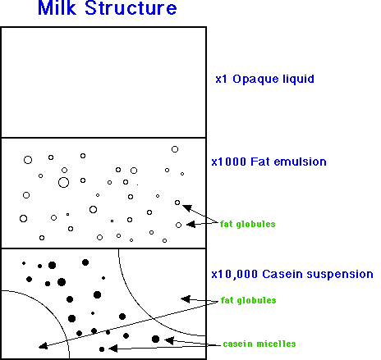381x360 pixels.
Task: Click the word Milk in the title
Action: coord(57,7)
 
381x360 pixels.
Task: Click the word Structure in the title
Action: coord(131,7)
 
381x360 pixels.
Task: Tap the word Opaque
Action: coord(255,80)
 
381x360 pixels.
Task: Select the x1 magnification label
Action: coord(221,79)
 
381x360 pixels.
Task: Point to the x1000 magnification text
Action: coord(229,162)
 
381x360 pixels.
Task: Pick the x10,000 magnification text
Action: coord(234,274)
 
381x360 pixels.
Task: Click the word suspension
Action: coord(340,275)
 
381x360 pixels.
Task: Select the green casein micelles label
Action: coord(259,344)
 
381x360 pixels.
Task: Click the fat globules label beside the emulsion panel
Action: coord(248,224)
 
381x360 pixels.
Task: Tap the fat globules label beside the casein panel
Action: coord(248,300)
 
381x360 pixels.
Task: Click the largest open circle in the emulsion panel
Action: coord(63,182)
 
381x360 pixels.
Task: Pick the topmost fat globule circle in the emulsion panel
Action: coord(175,149)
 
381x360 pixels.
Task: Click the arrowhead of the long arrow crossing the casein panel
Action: coord(43,346)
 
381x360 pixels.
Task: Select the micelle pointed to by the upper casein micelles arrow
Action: coord(155,339)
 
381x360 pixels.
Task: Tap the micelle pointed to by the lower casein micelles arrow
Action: coord(102,349)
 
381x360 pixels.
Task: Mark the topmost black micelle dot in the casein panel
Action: coord(85,262)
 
